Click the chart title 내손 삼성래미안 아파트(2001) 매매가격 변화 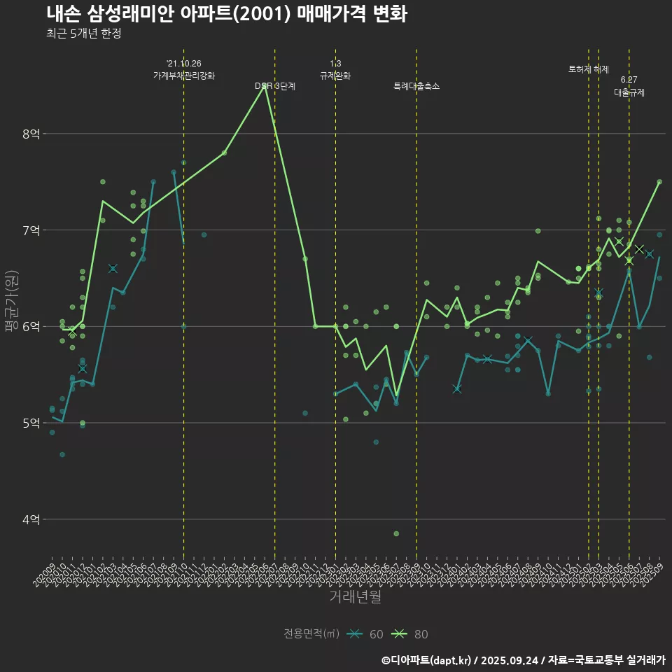click(x=227, y=14)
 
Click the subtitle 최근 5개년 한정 click(x=84, y=34)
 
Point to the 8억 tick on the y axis click(x=31, y=134)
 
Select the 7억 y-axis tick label click(x=31, y=230)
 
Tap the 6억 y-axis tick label click(x=31, y=327)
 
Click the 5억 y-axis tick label click(x=31, y=423)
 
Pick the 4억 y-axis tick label click(x=31, y=519)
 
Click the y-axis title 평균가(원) click(x=12, y=309)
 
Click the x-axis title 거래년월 click(x=356, y=597)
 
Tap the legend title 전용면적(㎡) click(x=311, y=634)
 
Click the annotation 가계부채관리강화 click(x=184, y=76)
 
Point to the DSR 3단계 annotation click(x=275, y=86)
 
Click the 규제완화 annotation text click(x=335, y=76)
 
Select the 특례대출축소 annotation click(x=416, y=86)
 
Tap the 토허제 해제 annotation click(x=589, y=69)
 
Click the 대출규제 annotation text click(x=629, y=92)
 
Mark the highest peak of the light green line click(x=265, y=86)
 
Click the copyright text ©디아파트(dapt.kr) click(x=428, y=659)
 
